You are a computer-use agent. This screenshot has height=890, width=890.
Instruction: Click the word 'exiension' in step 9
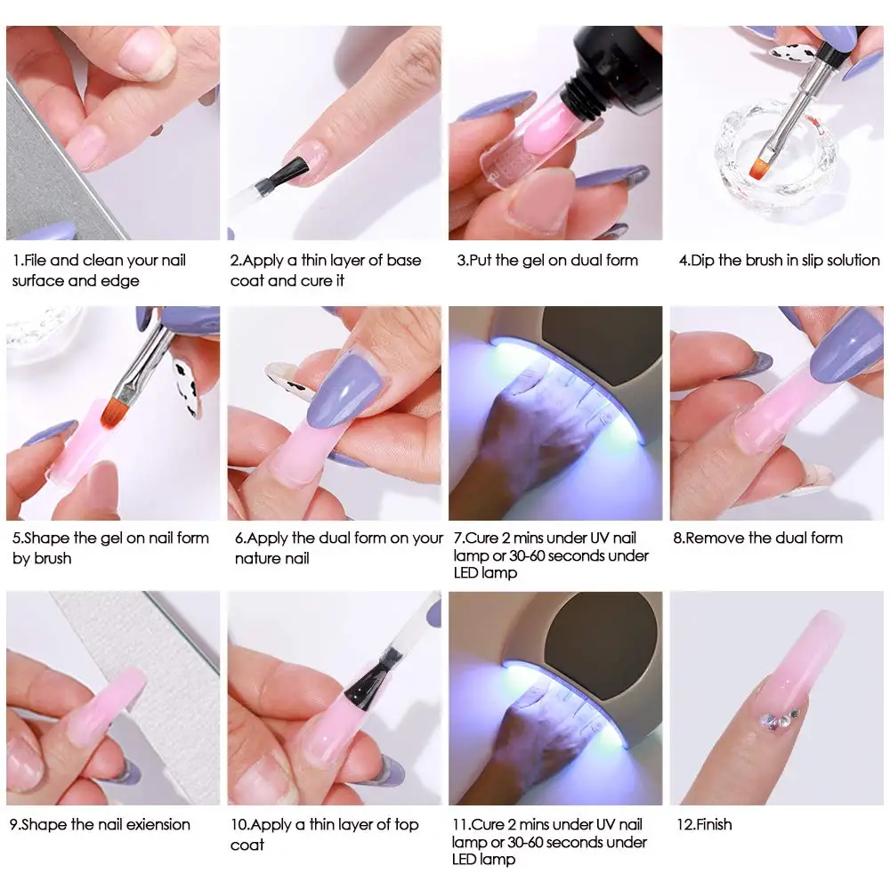point(156,824)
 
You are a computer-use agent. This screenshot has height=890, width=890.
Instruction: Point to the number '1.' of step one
point(17,261)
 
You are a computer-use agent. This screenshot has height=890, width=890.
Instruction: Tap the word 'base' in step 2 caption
point(401,261)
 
